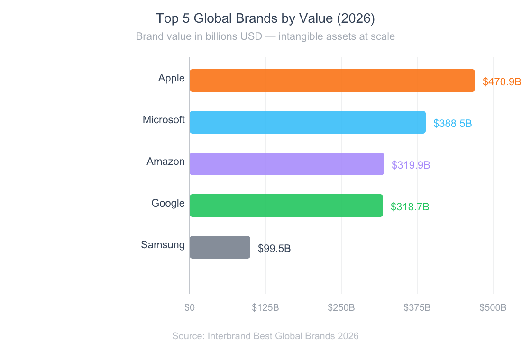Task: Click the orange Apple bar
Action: click(332, 81)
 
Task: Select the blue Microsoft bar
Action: click(307, 122)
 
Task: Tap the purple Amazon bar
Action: click(286, 164)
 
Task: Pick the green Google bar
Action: click(286, 206)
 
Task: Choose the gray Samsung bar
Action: click(220, 247)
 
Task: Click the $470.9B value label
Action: click(502, 81)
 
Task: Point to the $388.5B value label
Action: click(452, 123)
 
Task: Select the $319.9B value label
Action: click(411, 165)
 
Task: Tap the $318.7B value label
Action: click(410, 207)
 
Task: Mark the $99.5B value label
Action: click(274, 248)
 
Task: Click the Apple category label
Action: click(171, 78)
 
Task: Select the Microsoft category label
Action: click(164, 120)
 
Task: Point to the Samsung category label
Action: click(163, 245)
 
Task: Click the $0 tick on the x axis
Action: click(190, 307)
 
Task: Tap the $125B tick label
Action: click(265, 307)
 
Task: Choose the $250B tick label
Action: click(341, 307)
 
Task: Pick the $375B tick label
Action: click(417, 307)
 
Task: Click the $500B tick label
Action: click(493, 307)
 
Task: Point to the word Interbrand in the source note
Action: click(229, 336)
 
